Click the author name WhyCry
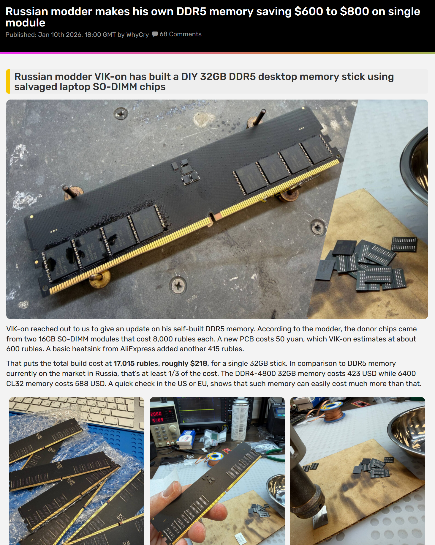[137, 34]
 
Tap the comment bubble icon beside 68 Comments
[155, 34]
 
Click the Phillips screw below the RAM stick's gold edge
[178, 285]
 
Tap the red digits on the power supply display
[157, 417]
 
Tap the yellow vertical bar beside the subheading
[8, 81]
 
